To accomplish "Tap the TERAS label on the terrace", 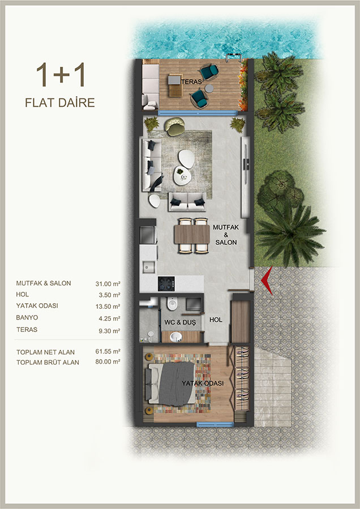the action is (191, 82).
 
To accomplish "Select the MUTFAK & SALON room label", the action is (226, 235).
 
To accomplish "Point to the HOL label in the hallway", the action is (216, 320).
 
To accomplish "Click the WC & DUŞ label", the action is (180, 322).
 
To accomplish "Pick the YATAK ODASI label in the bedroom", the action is (203, 383).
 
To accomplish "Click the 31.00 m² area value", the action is (108, 284).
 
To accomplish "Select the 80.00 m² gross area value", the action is (108, 361).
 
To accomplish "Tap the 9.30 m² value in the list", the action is (109, 331).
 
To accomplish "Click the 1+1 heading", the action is (61, 75).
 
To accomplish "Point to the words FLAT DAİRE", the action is (60, 102).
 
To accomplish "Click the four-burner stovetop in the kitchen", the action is (166, 284).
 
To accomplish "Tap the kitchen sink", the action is (148, 267).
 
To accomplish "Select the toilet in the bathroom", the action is (172, 304).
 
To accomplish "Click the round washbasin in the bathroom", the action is (177, 337).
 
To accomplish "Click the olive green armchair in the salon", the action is (174, 126).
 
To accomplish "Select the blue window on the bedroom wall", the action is (215, 424).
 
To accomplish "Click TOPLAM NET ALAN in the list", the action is (45, 352).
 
